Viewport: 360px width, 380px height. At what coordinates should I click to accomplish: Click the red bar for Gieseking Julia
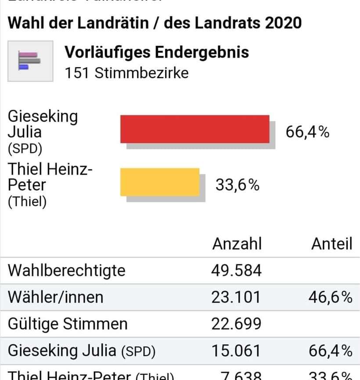[194, 129]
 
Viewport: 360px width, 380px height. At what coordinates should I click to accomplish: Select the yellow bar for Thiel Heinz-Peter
[160, 182]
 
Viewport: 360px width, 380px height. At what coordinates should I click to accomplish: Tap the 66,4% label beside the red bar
[307, 131]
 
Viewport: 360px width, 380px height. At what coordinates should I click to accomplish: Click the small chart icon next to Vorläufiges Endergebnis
[30, 61]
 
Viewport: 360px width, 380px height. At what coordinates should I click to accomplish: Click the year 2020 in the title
[283, 23]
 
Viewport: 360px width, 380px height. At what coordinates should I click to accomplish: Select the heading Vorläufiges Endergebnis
[157, 52]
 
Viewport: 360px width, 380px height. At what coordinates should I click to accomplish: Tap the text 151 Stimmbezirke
[126, 72]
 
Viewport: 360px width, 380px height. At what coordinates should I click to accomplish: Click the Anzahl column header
[237, 244]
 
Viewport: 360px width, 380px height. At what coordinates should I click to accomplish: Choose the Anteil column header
[331, 244]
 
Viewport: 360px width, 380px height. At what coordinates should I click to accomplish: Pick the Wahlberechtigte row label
[66, 270]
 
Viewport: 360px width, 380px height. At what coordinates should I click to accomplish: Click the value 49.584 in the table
[236, 270]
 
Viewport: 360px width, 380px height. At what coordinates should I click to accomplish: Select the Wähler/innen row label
[55, 297]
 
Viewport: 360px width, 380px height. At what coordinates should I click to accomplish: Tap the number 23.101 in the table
[236, 297]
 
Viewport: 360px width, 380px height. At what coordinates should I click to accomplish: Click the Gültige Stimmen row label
[68, 324]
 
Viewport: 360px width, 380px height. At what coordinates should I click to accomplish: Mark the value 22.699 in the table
[236, 324]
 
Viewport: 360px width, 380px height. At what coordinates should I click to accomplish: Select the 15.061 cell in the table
[236, 351]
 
